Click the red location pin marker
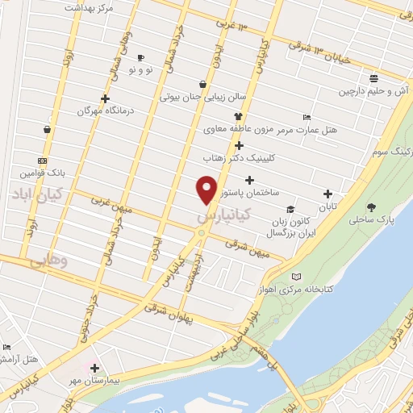point(207,190)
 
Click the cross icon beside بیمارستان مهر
point(94,368)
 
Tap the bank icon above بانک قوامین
point(41,161)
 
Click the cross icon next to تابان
point(327,194)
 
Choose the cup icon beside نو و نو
point(140,58)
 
